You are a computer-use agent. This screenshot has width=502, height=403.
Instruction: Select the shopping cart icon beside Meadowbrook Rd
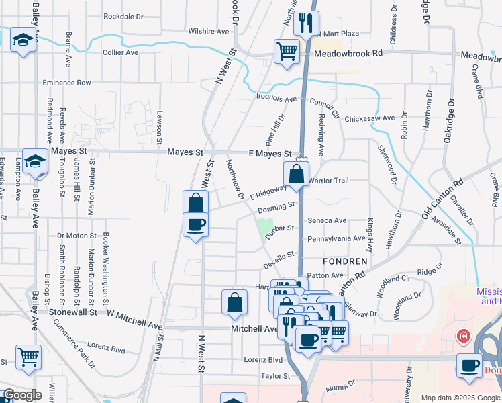[287, 51]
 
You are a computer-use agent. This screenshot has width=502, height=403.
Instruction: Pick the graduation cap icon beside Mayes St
[36, 161]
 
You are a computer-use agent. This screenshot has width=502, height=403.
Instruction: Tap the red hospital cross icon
[462, 335]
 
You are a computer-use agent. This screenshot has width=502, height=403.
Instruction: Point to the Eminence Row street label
[66, 83]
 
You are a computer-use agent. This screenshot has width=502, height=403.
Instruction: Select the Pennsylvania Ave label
[336, 239]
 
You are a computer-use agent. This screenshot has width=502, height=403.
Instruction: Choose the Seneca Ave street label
[327, 220]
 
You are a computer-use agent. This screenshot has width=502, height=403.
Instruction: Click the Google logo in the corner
[22, 395]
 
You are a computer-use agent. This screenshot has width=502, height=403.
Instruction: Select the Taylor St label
[274, 376]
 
